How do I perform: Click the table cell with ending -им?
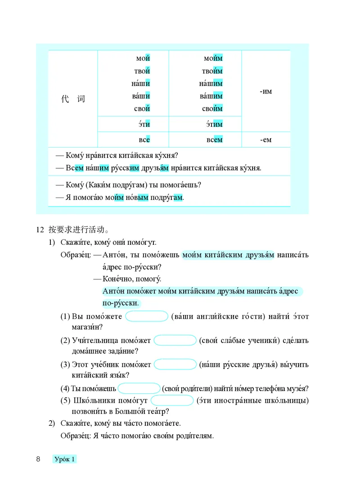(x=266, y=91)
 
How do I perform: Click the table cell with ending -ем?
(x=266, y=140)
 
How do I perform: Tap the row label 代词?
(x=73, y=99)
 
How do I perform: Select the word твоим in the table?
(x=212, y=71)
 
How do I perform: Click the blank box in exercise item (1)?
(x=147, y=316)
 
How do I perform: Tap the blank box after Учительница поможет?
(x=175, y=341)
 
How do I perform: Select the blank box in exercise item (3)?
(x=175, y=364)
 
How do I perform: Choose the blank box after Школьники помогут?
(x=172, y=400)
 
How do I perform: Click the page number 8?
(x=38, y=459)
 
